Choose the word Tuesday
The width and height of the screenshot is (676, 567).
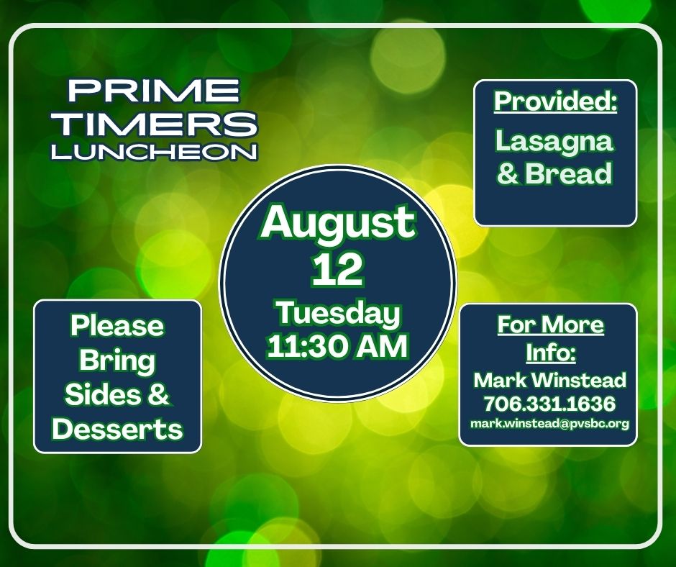(338, 314)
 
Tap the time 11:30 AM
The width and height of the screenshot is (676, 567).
(338, 346)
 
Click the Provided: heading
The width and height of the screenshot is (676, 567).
(556, 102)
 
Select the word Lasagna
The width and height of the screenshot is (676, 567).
(554, 140)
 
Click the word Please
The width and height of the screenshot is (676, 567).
(117, 326)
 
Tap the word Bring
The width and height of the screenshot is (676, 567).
(117, 360)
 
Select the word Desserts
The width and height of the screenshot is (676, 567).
(117, 430)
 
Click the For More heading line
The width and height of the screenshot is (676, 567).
(550, 325)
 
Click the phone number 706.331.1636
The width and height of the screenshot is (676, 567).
(549, 403)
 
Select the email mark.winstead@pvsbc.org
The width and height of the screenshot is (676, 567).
(549, 424)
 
